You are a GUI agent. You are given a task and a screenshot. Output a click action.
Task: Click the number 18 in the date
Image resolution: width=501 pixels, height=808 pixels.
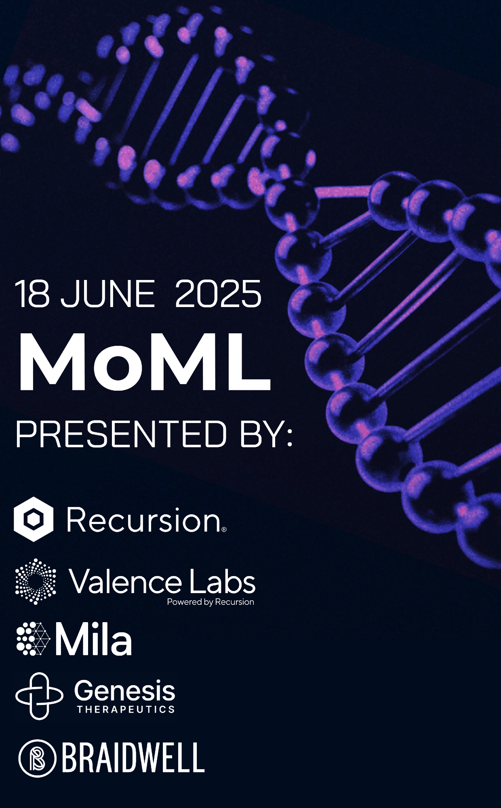click(x=32, y=294)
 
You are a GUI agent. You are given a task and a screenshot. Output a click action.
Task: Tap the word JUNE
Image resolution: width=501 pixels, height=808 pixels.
click(x=107, y=294)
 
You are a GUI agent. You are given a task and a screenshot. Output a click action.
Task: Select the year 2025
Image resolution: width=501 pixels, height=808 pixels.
click(x=218, y=294)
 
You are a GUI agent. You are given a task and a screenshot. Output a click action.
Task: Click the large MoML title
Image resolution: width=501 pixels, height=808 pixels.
click(x=144, y=362)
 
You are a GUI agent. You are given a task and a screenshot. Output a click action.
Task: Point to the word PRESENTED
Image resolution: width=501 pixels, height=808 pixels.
click(x=121, y=433)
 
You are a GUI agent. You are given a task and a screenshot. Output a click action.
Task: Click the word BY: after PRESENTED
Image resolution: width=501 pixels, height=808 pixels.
click(x=266, y=433)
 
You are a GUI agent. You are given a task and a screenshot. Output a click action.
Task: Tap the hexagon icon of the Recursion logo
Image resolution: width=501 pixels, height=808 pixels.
click(x=33, y=519)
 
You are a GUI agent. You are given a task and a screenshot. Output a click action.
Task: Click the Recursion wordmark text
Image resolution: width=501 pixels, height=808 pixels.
click(x=143, y=520)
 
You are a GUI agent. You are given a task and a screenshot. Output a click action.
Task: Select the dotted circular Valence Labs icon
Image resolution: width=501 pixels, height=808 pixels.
click(x=36, y=581)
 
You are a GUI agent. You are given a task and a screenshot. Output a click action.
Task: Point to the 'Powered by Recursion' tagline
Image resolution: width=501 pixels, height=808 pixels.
click(x=211, y=602)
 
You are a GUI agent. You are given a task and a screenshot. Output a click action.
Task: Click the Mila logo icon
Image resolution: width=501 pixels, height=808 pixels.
click(x=33, y=639)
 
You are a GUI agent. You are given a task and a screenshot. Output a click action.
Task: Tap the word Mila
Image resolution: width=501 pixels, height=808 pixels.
click(x=93, y=639)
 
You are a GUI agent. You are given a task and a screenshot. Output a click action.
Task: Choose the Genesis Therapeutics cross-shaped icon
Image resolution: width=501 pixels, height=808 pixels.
click(x=39, y=696)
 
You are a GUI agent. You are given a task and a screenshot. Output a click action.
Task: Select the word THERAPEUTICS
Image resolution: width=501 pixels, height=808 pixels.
click(x=126, y=709)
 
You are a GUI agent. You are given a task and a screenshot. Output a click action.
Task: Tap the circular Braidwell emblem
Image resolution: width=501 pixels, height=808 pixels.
click(x=37, y=758)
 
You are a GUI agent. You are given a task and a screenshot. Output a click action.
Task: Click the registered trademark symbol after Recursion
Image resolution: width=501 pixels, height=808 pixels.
click(x=224, y=529)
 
